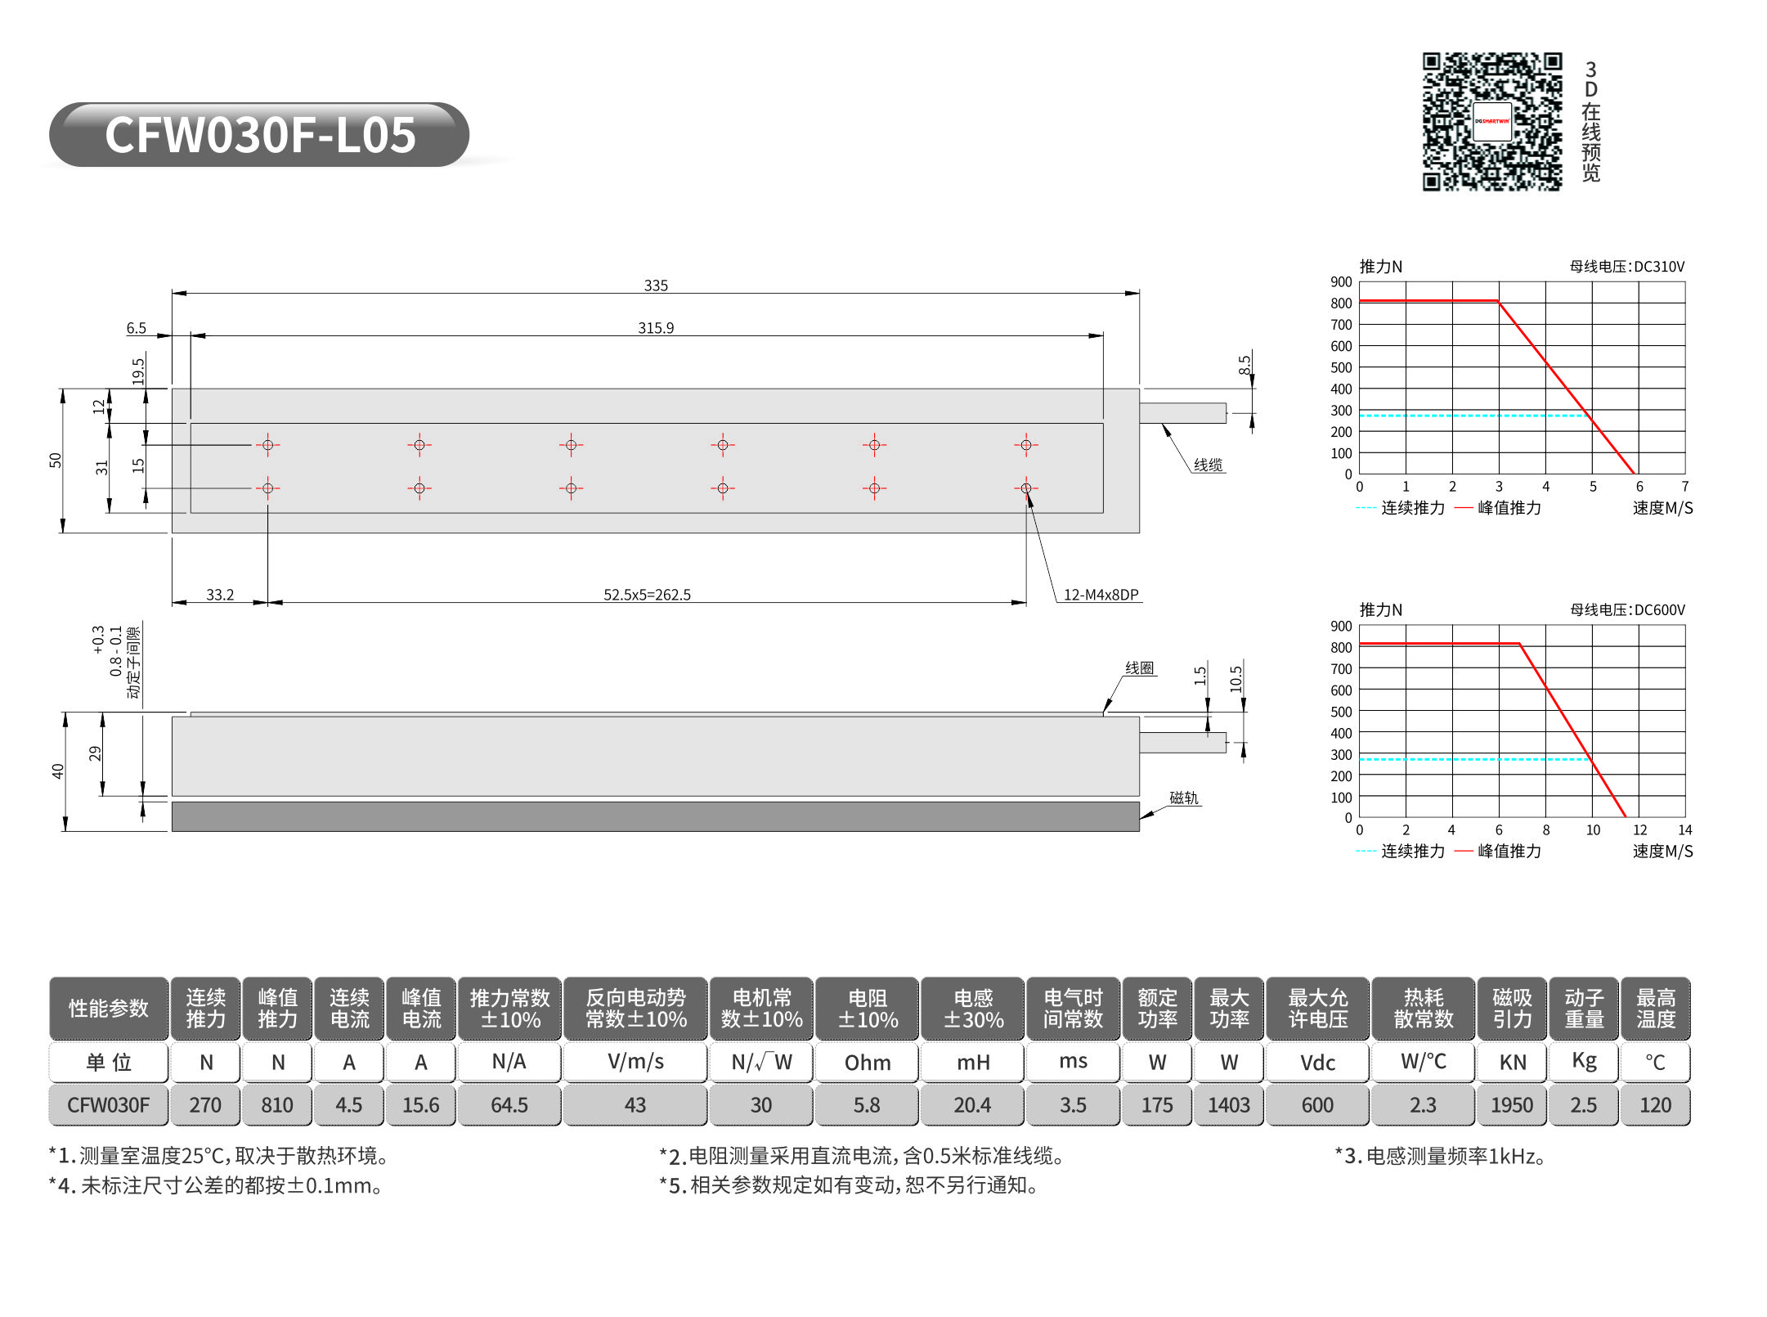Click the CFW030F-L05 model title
point(260,135)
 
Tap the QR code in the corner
point(1492,122)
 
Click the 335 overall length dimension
point(656,285)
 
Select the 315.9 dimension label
point(656,328)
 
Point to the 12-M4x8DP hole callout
point(1101,595)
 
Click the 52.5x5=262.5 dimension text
point(647,595)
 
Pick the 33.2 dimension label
point(220,595)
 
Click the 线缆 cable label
point(1208,465)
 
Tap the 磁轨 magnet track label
point(1183,798)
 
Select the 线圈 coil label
point(1139,667)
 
